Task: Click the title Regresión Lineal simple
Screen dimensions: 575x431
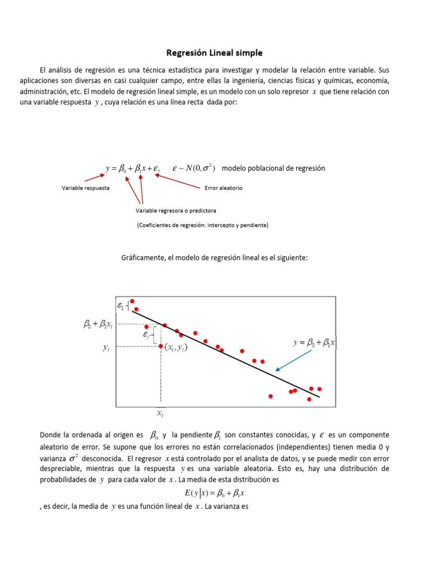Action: [x=214, y=53]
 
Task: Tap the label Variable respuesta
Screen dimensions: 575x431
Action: [x=85, y=188]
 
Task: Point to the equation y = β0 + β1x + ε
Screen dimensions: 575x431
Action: [x=133, y=168]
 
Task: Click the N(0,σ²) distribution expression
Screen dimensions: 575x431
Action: [x=194, y=168]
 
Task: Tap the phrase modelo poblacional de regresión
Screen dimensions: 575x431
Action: [x=273, y=168]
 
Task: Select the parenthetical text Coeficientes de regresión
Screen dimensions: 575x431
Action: [x=202, y=225]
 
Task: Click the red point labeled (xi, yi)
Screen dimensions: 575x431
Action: [x=161, y=346]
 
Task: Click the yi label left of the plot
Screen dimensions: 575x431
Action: [x=106, y=348]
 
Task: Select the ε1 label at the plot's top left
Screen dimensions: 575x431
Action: [x=121, y=306]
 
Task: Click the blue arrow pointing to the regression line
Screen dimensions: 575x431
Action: [x=294, y=359]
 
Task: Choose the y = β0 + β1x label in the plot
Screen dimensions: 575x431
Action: [x=315, y=343]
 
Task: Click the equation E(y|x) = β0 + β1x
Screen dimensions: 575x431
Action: [x=214, y=493]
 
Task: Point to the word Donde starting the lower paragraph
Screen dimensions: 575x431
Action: [x=50, y=435]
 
